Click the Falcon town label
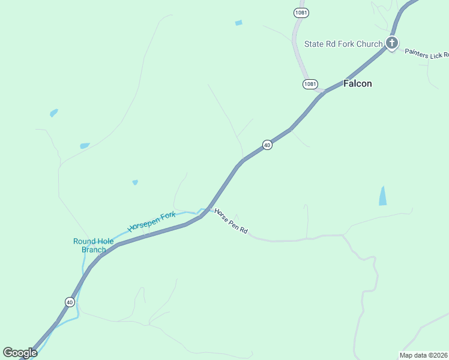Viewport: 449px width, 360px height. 357,83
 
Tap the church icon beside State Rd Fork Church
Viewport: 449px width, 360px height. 392,43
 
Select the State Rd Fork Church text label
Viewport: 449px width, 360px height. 343,44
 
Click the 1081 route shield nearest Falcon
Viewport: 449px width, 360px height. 310,84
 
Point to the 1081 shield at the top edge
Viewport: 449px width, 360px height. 301,12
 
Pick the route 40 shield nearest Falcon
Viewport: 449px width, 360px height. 267,145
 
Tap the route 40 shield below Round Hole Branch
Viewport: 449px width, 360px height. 70,302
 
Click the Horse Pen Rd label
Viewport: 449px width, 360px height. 231,222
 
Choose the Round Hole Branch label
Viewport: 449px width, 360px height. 94,245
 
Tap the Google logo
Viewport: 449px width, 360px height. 20,353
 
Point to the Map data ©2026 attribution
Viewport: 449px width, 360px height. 424,355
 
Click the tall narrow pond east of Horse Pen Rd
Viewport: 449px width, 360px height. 382,196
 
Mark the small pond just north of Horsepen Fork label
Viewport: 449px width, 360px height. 135,182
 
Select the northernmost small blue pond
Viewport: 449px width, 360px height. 239,23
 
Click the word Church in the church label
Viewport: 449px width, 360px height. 369,44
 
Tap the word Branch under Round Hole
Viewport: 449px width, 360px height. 94,250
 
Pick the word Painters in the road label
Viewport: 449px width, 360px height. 415,52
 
